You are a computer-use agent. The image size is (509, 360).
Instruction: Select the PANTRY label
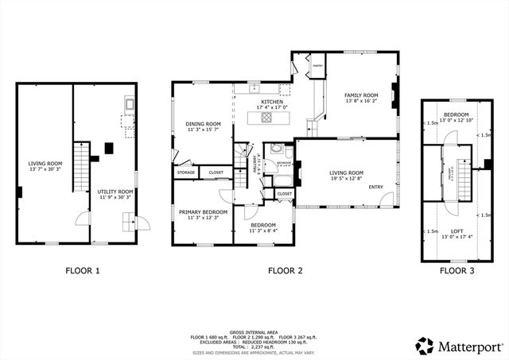[x=316, y=67]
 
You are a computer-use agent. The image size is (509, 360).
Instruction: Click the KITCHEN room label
[x=272, y=102]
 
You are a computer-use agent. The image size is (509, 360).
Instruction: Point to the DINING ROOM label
[x=203, y=123]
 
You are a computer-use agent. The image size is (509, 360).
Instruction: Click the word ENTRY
[x=375, y=188]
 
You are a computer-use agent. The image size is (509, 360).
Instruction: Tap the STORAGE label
[x=186, y=172]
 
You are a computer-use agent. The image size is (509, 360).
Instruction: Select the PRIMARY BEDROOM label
[x=203, y=211]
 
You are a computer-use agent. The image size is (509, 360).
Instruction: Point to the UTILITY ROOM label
[x=115, y=192]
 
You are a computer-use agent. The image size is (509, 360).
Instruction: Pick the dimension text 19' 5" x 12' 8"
[x=347, y=179]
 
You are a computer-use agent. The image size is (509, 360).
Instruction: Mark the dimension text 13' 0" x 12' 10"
[x=456, y=120]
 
